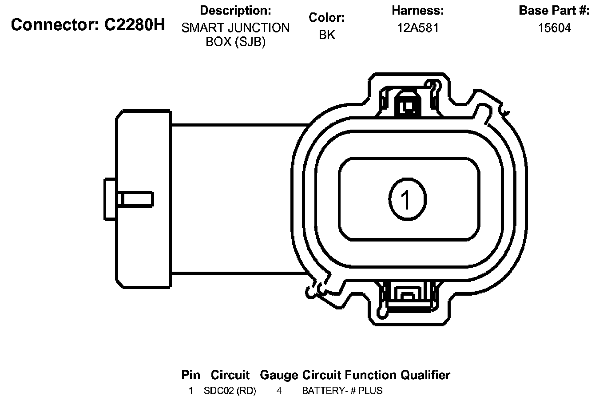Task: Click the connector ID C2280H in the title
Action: click(x=135, y=25)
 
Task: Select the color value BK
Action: click(x=327, y=35)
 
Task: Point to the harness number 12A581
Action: click(x=417, y=28)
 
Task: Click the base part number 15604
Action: click(x=555, y=28)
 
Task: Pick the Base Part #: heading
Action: click(x=555, y=11)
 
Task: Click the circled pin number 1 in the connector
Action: click(x=407, y=199)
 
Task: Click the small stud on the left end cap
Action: click(x=129, y=199)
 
